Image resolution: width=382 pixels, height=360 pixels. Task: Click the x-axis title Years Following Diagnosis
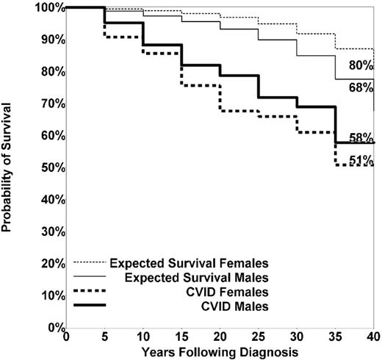[x=220, y=351]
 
